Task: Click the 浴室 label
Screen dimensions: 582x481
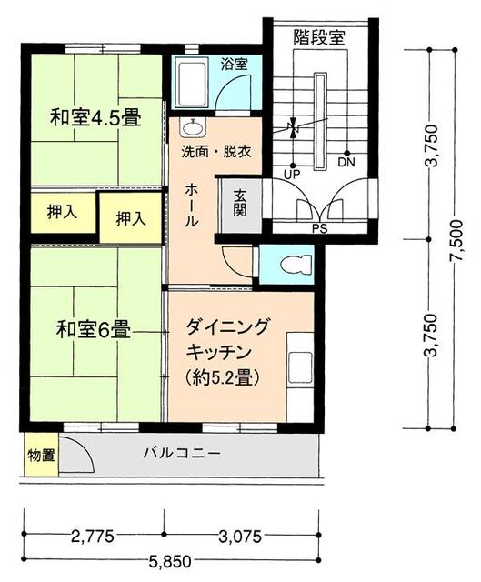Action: [234, 64]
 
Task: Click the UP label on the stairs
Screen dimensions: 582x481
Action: [292, 172]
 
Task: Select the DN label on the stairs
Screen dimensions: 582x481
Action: [346, 164]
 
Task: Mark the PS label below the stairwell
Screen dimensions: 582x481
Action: [319, 228]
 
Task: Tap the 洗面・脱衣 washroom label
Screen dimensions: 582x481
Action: [215, 148]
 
